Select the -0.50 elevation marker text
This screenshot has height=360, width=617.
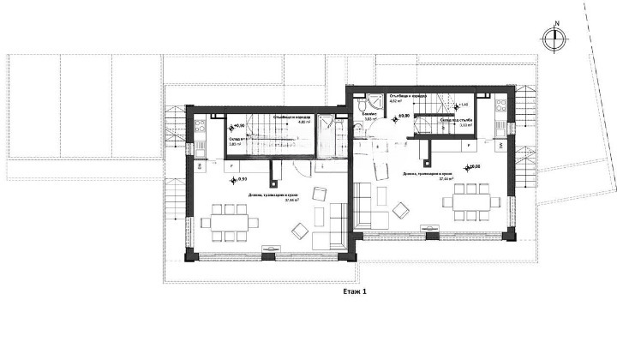241,180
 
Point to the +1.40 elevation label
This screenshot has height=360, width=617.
464,105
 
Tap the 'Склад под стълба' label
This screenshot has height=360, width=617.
457,120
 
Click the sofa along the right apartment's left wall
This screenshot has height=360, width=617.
363,206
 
